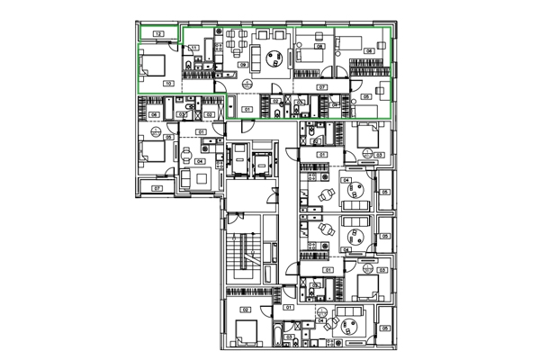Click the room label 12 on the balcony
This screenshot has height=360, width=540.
point(158,33)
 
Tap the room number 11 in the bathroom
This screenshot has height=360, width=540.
point(193,47)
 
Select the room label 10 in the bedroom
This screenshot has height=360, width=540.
point(168,83)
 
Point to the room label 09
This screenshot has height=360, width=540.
point(243,67)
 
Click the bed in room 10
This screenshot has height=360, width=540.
point(152,64)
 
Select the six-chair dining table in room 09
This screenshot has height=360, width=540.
point(236,39)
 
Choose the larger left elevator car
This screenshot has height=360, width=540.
point(240,165)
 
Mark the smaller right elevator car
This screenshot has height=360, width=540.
point(263,165)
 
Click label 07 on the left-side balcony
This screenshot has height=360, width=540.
point(157,188)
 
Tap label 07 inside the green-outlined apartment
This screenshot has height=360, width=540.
point(322,86)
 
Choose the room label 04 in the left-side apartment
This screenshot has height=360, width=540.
point(189,161)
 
